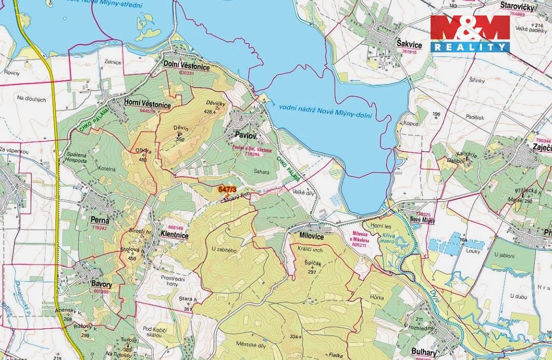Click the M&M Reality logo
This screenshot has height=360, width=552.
click(470, 34)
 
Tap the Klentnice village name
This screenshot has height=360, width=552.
click(174, 235)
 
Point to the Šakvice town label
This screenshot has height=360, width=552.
click(409, 46)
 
